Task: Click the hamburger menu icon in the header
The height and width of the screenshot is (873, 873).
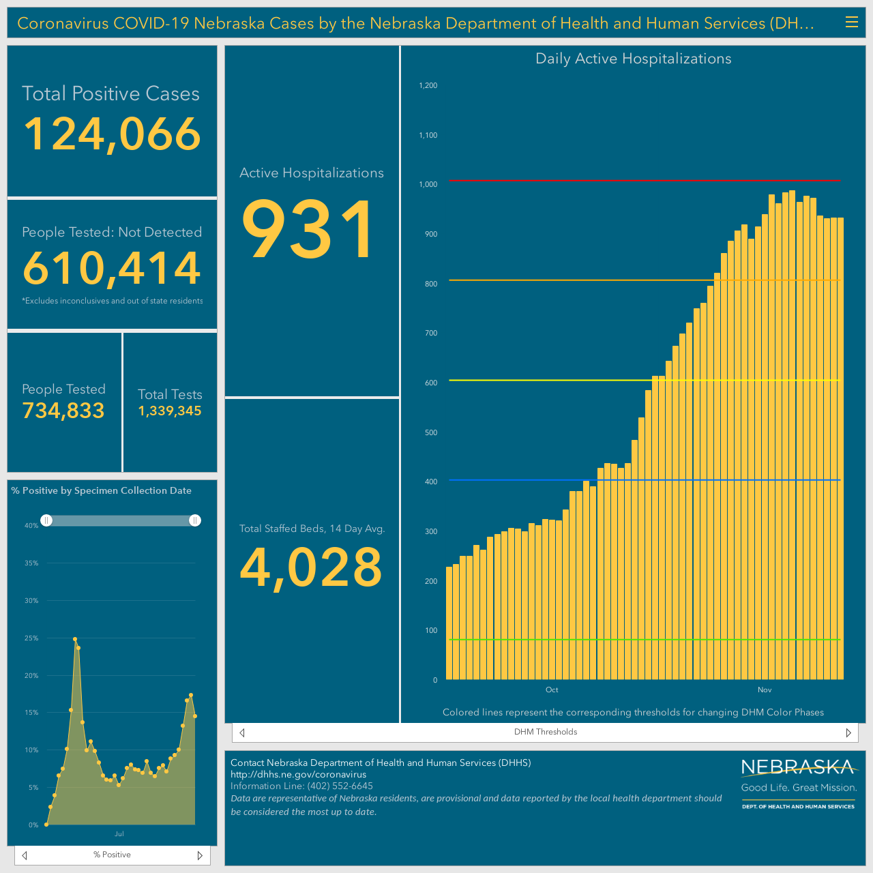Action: (x=851, y=23)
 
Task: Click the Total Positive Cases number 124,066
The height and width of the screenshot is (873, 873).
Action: (x=112, y=134)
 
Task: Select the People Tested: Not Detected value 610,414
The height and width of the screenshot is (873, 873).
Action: (x=111, y=268)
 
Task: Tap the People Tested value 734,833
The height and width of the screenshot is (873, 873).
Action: (x=63, y=411)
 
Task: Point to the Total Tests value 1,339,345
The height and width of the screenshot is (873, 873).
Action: (x=169, y=411)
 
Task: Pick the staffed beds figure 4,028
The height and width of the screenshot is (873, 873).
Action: (x=311, y=567)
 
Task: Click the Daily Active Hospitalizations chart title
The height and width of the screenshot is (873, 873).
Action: (x=633, y=59)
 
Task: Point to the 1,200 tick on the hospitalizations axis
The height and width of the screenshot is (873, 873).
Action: (x=428, y=85)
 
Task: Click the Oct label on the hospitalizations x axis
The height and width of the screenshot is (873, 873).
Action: (x=551, y=690)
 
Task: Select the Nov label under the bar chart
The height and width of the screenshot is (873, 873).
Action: (x=765, y=690)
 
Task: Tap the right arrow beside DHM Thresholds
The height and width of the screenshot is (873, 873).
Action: (x=848, y=733)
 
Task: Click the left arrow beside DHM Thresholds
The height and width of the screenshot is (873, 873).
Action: (x=242, y=733)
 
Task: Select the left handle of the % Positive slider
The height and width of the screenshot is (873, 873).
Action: (x=46, y=520)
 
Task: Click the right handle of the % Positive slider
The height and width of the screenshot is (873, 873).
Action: (x=195, y=520)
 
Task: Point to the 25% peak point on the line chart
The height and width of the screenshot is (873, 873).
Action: (x=75, y=639)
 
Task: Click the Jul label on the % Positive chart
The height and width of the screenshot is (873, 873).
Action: (x=119, y=833)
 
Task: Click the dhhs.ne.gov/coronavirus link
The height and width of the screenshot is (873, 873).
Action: (x=298, y=774)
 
